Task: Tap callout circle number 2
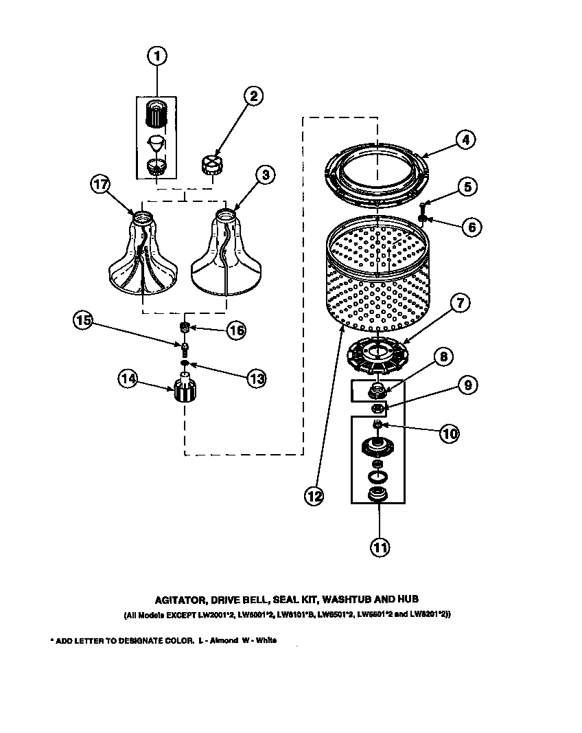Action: coord(253,96)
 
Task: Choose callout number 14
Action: coord(128,379)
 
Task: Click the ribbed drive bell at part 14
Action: coord(183,392)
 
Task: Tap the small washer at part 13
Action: coord(184,362)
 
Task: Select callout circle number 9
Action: coord(466,385)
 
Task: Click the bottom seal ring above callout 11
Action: coord(377,494)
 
